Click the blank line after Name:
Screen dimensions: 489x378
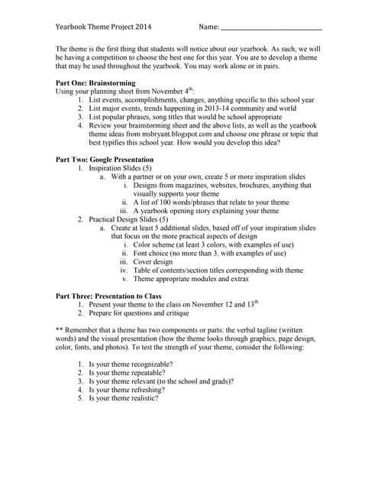point(270,28)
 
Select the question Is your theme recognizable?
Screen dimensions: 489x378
point(131,364)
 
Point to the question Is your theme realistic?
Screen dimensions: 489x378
point(124,398)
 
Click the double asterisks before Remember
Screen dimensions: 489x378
point(60,330)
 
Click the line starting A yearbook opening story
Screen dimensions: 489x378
point(218,210)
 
